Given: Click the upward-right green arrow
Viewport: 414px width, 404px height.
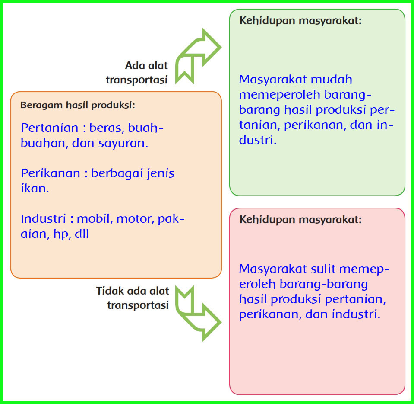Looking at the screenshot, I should pyautogui.click(x=196, y=54).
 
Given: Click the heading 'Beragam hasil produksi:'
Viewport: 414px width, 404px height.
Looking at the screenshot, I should pyautogui.click(x=78, y=105).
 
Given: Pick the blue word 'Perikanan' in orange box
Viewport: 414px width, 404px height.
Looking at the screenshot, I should pyautogui.click(x=51, y=173).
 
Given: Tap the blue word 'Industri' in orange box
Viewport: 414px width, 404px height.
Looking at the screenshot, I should pyautogui.click(x=46, y=218).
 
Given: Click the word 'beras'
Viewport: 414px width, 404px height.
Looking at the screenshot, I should pyautogui.click(x=104, y=128).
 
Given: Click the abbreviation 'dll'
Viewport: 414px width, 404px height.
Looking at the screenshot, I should pyautogui.click(x=82, y=234).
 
